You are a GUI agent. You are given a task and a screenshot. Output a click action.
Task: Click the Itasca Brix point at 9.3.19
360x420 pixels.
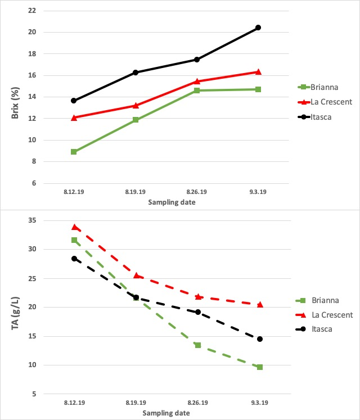(258, 28)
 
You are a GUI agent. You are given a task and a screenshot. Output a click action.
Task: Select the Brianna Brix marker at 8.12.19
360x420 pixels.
(74, 152)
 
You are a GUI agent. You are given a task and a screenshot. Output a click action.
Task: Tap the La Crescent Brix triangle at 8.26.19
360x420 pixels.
(197, 81)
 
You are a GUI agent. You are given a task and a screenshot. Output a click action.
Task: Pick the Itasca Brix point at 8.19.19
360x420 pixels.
(136, 73)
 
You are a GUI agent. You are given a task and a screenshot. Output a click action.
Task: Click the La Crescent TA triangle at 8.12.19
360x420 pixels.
(74, 227)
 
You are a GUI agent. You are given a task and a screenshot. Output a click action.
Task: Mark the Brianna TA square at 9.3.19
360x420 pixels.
(260, 367)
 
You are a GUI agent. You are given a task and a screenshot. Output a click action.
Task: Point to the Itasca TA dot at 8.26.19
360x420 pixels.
(197, 312)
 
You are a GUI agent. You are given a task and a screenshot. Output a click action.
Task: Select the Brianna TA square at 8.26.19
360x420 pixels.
(197, 345)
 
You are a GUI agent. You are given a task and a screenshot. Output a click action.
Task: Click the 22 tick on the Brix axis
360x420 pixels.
(32, 11)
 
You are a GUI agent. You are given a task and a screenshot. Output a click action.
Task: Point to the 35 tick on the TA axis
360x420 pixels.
(31, 220)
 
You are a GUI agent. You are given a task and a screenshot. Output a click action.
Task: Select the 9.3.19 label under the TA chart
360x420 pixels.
(259, 403)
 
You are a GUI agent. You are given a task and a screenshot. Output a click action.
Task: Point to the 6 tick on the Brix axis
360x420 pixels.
(33, 183)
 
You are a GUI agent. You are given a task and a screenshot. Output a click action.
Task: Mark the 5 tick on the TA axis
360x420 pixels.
(33, 394)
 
